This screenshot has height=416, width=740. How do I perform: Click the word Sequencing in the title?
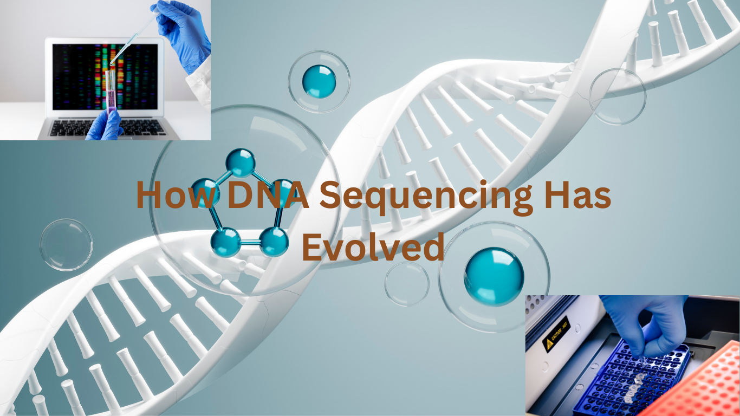click(x=426, y=197)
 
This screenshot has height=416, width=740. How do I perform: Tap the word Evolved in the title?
click(x=373, y=247)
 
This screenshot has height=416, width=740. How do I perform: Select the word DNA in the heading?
click(x=268, y=195)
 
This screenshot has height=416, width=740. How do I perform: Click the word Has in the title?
click(x=578, y=195)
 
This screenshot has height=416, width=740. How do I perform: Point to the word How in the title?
click(x=178, y=195)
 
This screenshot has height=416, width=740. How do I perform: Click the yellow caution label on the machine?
click(x=556, y=334)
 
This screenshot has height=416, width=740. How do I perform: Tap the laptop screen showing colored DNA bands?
click(x=105, y=77)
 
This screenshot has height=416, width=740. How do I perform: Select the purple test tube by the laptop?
click(x=111, y=91)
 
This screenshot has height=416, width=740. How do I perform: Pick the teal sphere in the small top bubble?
click(x=319, y=82)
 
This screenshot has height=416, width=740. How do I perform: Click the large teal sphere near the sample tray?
click(x=494, y=276)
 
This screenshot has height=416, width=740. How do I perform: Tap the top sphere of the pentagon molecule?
click(x=240, y=162)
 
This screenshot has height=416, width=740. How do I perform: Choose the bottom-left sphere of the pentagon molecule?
click(x=226, y=242)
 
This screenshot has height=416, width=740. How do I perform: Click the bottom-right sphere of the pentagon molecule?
click(x=274, y=242)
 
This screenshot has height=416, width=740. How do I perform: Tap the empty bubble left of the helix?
click(x=66, y=245)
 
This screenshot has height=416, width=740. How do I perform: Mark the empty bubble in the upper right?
click(x=618, y=96)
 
